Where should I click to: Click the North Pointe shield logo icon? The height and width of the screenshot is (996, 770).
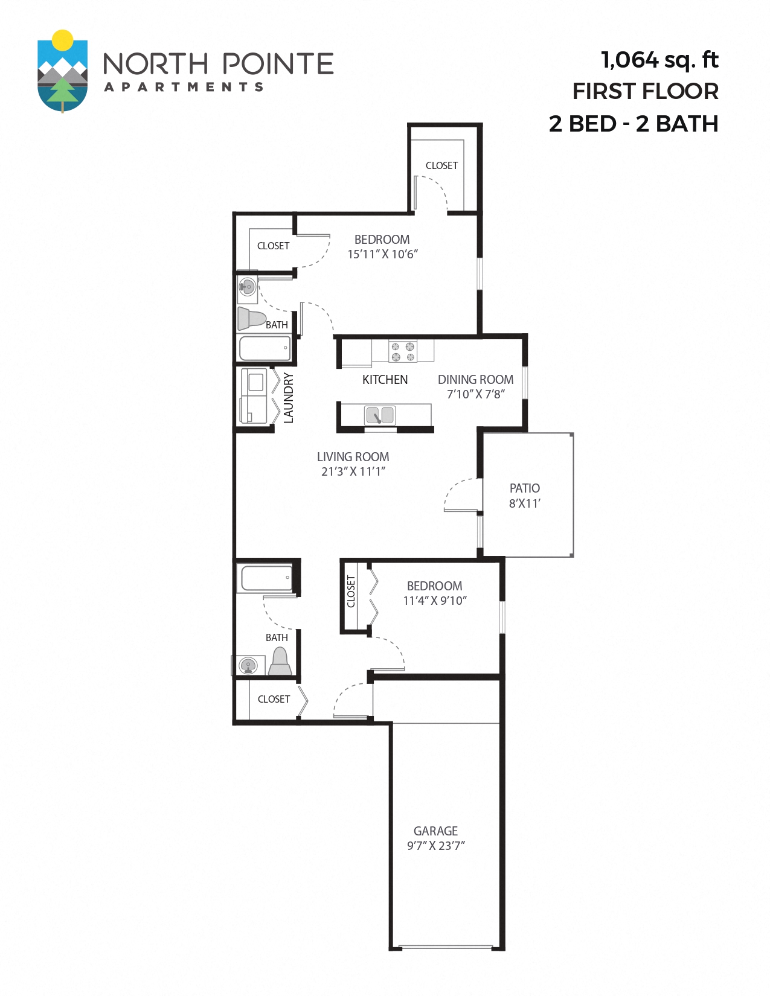coord(62,71)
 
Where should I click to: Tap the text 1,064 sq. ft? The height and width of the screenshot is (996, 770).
coord(659,60)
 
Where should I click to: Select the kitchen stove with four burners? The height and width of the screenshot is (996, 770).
coord(403,351)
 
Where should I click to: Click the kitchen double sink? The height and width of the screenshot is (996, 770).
coord(380,415)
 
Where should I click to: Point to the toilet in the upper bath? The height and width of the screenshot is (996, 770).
coord(251,318)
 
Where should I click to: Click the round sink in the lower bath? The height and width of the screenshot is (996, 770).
coord(248,665)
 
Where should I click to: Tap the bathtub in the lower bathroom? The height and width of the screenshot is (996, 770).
coord(266,578)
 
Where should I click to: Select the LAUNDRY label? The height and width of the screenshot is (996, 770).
coord(289,397)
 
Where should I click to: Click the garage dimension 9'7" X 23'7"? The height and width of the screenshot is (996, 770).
coord(435,846)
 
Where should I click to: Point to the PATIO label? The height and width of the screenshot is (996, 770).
coord(524,488)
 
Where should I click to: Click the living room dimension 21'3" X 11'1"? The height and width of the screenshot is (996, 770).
coord(353,471)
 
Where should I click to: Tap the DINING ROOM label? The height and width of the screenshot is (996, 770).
coord(475,380)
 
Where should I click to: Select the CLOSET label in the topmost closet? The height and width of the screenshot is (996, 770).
coord(441,165)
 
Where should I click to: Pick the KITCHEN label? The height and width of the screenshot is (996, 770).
coord(385,380)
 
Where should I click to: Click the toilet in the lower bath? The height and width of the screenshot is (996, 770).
coord(280,662)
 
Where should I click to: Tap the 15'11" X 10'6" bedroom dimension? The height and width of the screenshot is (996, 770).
coord(382,254)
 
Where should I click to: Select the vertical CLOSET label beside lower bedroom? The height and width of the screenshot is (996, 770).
coord(351,592)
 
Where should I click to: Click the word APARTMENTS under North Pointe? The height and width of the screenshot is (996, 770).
coord(184,87)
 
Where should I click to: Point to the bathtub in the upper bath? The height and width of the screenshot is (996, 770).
coord(265,348)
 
